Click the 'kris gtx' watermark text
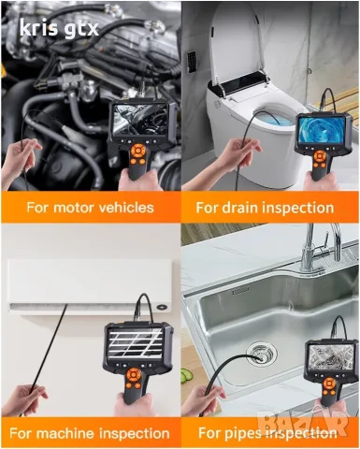tap(59, 28)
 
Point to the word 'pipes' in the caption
tap(241, 433)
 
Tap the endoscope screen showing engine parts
tap(140, 119)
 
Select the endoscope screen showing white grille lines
tap(135, 343)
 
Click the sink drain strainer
tap(262, 353)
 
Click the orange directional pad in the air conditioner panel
tap(135, 374)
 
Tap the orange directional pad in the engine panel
tap(137, 151)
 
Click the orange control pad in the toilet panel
tap(320, 156)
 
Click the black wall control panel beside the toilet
tap(192, 60)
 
